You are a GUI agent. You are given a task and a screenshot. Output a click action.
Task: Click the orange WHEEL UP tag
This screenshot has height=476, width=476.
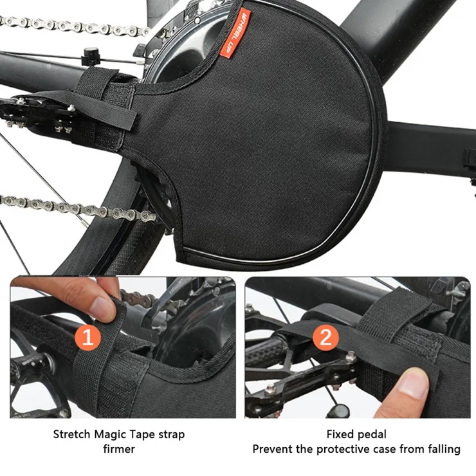click(235, 33)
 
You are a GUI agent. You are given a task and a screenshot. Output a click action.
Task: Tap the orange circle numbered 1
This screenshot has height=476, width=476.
click(87, 336)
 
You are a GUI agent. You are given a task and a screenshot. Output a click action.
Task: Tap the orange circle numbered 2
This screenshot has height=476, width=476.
click(325, 336)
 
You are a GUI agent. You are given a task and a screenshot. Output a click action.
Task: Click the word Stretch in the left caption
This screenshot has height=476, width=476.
click(72, 434)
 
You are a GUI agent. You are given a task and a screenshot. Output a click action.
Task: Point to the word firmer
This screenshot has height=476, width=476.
click(119, 449)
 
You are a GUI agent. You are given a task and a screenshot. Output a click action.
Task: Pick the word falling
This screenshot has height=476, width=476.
click(444, 450)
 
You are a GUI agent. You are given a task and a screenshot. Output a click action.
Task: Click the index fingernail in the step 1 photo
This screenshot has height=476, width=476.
click(102, 307)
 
